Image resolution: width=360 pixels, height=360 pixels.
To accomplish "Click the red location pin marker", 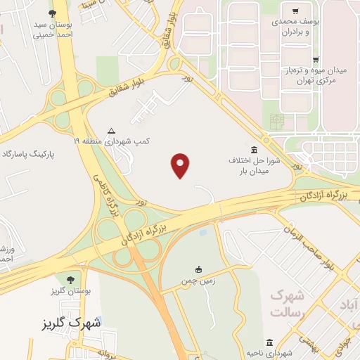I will [x=181, y=165].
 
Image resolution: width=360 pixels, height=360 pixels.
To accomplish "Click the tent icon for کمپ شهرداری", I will [x=111, y=131].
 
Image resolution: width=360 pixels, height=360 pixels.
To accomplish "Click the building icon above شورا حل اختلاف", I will [x=254, y=150].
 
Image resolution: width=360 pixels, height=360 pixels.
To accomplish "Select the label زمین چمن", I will [x=199, y=280].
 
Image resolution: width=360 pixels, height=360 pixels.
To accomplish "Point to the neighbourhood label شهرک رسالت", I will [x=288, y=304].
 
